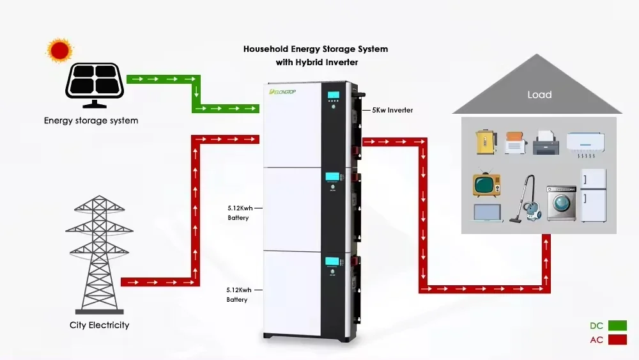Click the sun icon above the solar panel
[x=60, y=50]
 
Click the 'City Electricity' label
[x=100, y=325]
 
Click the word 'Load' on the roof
[x=539, y=95]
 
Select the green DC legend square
[x=617, y=325]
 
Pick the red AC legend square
[x=617, y=340]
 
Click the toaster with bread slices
[x=516, y=143]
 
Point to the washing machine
[x=560, y=203]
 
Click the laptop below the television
[x=488, y=213]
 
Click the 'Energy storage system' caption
[x=91, y=120]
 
